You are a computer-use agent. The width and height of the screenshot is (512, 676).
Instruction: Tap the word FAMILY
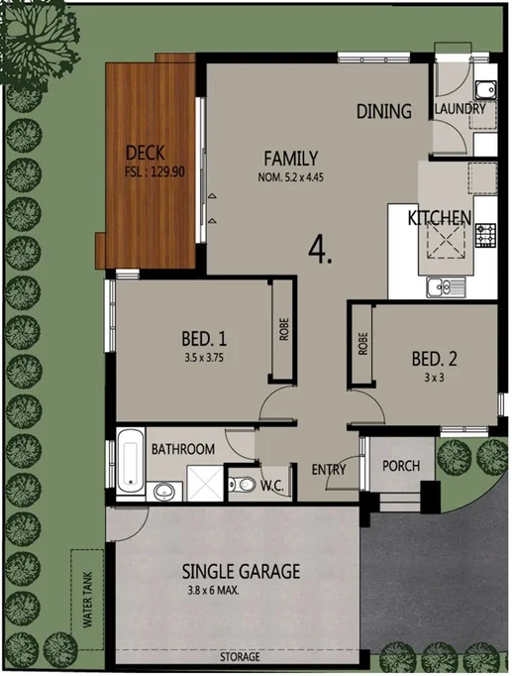coord(290,158)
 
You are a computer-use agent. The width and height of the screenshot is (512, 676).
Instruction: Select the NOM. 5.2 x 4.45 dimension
coord(291,177)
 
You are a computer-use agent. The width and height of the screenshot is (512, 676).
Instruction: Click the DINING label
coord(383,111)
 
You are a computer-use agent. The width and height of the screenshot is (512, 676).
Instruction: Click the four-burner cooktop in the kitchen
coord(485,235)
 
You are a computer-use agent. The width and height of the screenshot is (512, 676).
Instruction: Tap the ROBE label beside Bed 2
coord(362,343)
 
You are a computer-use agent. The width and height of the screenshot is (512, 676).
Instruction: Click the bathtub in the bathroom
coord(129,462)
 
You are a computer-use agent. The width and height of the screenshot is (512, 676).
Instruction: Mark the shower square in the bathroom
coord(202,485)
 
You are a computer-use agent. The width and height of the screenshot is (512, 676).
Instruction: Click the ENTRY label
coord(328,469)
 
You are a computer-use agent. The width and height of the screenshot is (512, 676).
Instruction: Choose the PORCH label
coord(401,466)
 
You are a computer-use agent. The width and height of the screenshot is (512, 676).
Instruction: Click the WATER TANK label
coord(86,605)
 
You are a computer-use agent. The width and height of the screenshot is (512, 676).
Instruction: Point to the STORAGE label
coord(240,657)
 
